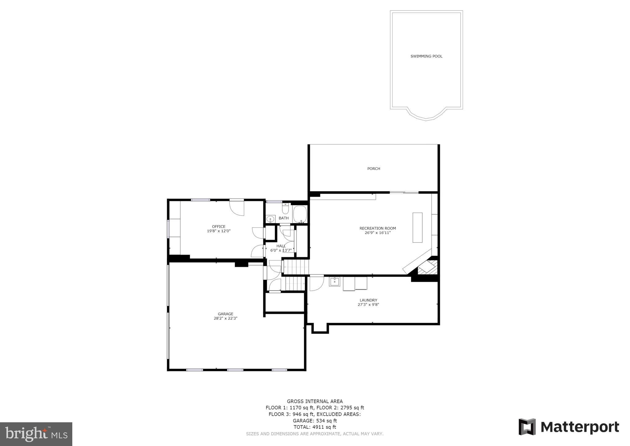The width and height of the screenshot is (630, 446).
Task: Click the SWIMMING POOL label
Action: pos(426,56)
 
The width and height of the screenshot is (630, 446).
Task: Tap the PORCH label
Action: pos(374,169)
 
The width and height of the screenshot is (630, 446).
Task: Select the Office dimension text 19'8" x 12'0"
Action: pos(218,231)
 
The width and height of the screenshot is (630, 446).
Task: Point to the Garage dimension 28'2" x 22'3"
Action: pos(225,318)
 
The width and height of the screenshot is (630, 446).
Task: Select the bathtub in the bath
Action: pos(300,214)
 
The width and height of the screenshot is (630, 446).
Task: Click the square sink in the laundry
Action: pos(334,282)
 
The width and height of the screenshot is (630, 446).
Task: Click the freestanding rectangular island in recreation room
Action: pos(417,228)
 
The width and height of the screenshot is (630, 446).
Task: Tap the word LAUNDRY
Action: pos(368,300)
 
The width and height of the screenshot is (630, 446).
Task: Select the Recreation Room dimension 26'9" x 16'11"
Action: pos(377,233)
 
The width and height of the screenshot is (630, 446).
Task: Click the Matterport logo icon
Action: pos(527,427)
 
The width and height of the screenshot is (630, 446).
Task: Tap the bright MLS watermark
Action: pos(36,434)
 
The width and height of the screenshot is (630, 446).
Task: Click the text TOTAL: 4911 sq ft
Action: pos(314,427)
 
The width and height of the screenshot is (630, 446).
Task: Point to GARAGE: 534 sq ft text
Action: pos(314,421)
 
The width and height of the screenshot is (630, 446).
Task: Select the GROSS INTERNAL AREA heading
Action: pos(315,401)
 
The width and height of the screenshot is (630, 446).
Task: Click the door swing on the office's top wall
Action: pos(237,208)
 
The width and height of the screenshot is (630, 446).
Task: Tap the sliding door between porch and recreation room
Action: pos(404,193)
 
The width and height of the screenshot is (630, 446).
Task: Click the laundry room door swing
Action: pos(316,283)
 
